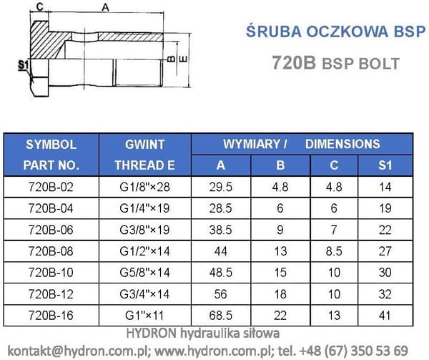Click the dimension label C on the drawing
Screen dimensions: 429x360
point(39,6)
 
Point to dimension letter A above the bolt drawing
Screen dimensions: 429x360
point(105,7)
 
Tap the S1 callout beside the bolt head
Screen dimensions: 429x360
point(24,65)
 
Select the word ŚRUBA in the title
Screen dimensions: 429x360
point(274,31)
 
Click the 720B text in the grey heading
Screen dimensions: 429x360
point(294,63)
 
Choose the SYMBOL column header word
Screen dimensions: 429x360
point(51,145)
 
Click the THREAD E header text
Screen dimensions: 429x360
point(144,165)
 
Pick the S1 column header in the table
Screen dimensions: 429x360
point(385,165)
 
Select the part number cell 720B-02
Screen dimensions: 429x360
point(51,187)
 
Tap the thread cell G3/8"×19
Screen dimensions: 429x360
point(144,230)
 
